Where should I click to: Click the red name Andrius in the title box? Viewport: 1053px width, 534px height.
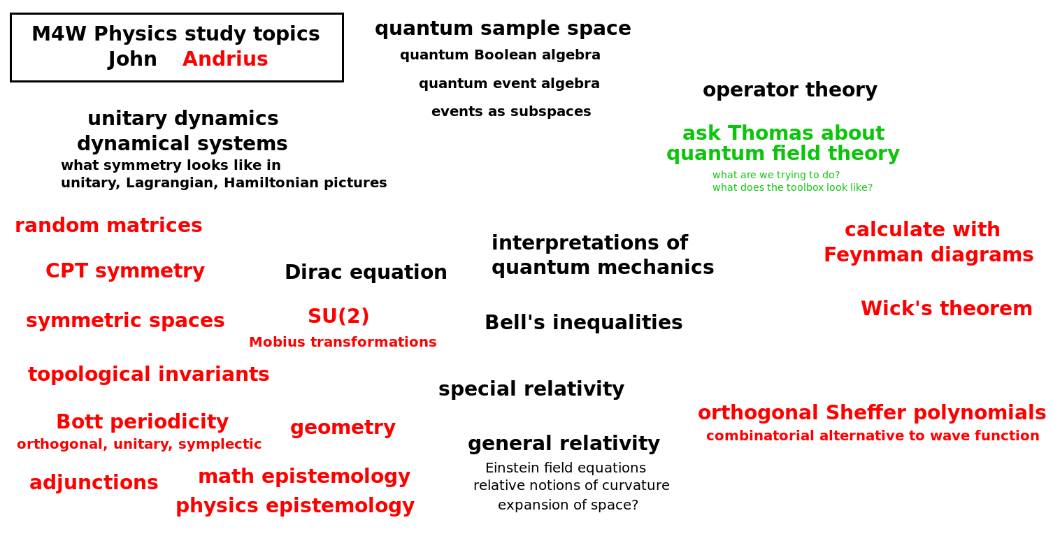(x=225, y=59)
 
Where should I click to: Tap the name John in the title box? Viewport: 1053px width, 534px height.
(x=132, y=59)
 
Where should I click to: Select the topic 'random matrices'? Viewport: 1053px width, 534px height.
(x=108, y=225)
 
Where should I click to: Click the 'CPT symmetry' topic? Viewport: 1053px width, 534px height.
(x=125, y=270)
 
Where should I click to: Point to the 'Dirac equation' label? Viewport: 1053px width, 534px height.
(x=366, y=272)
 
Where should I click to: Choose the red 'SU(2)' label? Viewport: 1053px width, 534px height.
(x=338, y=316)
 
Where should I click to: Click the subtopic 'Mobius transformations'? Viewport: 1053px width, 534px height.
(x=343, y=342)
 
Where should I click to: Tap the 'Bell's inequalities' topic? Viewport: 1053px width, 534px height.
(x=583, y=322)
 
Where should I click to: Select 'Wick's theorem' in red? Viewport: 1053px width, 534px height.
(x=946, y=308)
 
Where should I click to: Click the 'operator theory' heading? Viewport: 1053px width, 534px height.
(x=790, y=89)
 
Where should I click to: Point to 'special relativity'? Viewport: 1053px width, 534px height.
(x=531, y=389)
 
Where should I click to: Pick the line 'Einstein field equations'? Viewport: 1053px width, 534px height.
(x=566, y=468)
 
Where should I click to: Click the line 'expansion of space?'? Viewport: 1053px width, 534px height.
(x=568, y=505)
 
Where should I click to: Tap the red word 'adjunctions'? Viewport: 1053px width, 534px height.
(x=94, y=483)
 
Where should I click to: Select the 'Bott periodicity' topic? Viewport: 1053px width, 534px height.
(x=142, y=421)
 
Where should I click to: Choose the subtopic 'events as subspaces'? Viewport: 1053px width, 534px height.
(x=511, y=111)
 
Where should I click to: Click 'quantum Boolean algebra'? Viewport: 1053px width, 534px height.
(x=500, y=55)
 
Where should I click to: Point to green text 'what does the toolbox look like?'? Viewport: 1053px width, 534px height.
(x=793, y=187)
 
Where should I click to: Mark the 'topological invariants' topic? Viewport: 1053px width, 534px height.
(x=148, y=375)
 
